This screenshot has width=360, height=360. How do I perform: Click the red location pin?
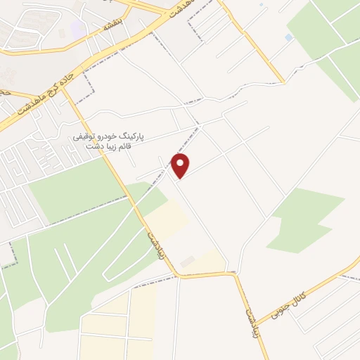(181, 165)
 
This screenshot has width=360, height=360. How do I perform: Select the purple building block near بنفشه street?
(78, 29)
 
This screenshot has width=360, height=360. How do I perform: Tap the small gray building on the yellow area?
(186, 262)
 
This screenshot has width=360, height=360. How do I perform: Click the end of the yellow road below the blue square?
(283, 82)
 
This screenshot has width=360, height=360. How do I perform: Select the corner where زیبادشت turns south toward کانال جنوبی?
(235, 274)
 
